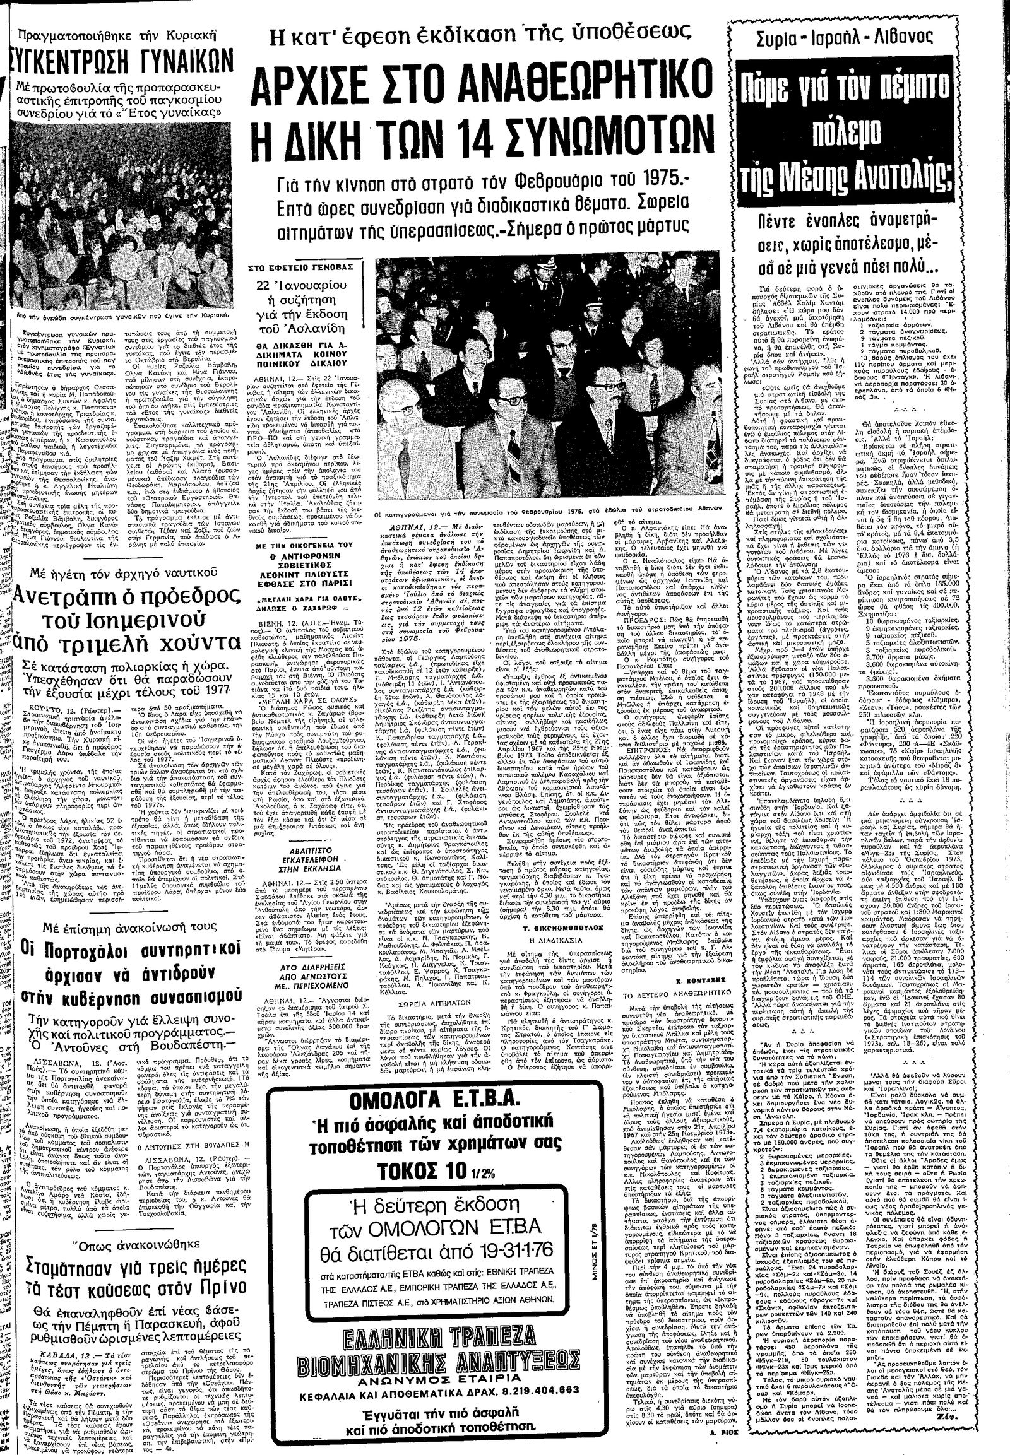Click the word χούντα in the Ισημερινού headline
pos(201,660)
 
